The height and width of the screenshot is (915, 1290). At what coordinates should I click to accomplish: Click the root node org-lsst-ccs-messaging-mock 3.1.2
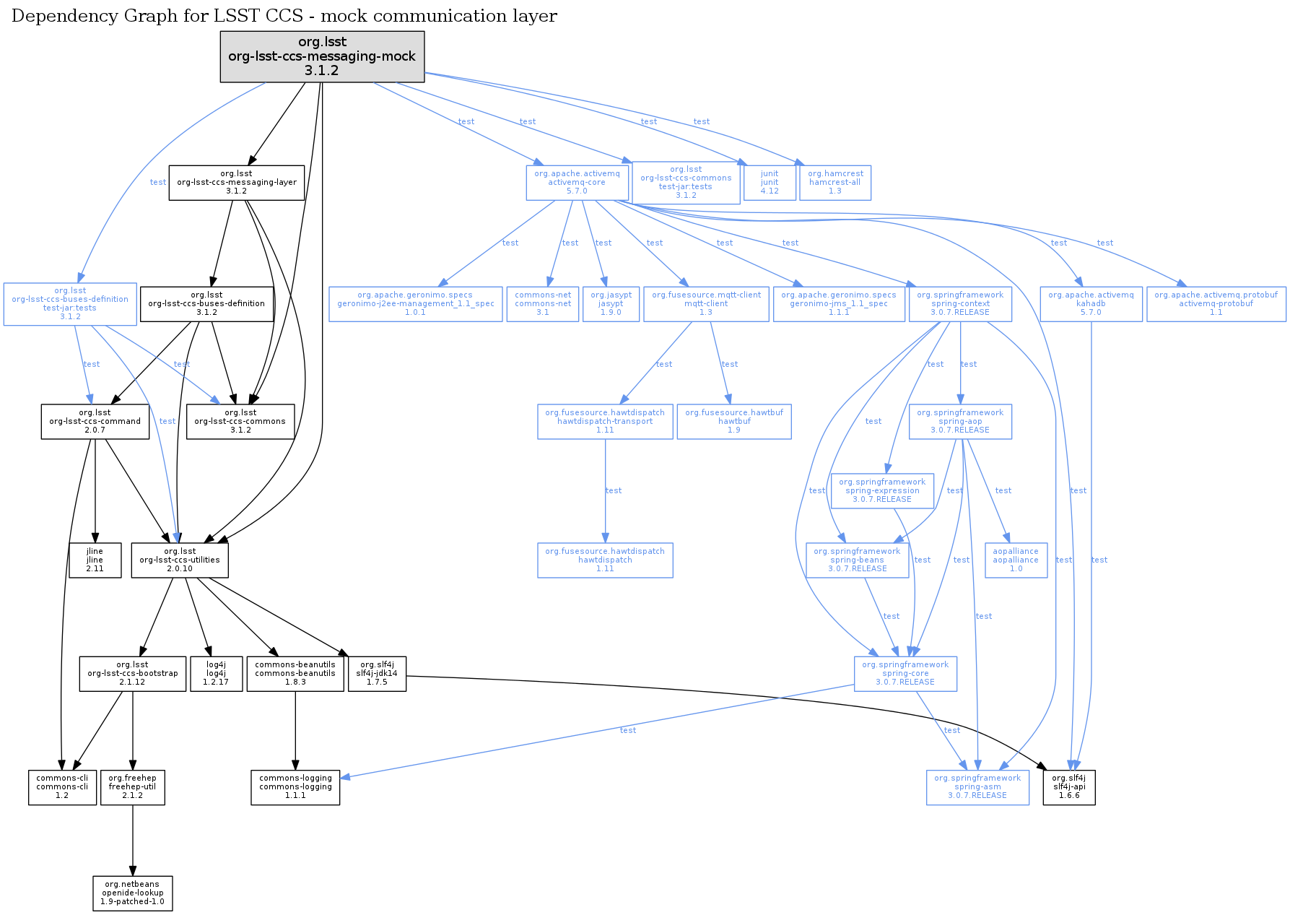[322, 56]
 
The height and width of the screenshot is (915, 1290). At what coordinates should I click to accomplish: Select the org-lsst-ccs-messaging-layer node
[237, 183]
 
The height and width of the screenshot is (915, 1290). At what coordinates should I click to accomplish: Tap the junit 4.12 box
[770, 183]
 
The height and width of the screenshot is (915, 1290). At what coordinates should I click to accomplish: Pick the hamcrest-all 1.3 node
[835, 183]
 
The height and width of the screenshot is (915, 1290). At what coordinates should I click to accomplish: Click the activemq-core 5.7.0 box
[577, 183]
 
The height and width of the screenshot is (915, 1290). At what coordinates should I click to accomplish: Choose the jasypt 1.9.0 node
[611, 304]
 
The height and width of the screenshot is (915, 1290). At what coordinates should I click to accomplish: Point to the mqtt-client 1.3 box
[706, 304]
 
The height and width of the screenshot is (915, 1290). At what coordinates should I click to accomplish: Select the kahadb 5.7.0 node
[1091, 304]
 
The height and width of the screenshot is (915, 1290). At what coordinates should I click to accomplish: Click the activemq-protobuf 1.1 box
[1216, 304]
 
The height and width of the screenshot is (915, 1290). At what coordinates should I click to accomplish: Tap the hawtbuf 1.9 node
[734, 422]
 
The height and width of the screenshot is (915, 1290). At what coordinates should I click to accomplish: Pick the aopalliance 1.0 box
[1016, 560]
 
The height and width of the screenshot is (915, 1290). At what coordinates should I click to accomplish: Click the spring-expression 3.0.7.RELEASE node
[882, 491]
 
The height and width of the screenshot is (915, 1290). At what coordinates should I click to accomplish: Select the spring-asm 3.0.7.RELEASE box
[977, 787]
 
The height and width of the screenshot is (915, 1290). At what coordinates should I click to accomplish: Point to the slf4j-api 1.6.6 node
[1069, 787]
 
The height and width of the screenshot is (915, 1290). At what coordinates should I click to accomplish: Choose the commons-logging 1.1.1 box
[295, 787]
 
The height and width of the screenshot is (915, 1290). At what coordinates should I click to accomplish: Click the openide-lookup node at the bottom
[133, 893]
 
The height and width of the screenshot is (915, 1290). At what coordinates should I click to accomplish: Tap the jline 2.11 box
[95, 560]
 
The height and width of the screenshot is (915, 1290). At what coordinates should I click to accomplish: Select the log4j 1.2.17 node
[216, 674]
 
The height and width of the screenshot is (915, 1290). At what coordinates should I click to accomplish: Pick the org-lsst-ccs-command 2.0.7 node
[95, 422]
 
